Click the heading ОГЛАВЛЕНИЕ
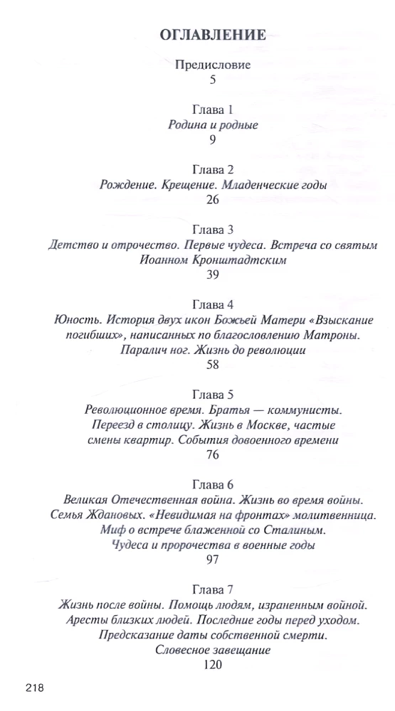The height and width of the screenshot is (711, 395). (214, 36)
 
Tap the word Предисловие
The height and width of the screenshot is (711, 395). (213, 65)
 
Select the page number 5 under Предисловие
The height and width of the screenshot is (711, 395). (213, 80)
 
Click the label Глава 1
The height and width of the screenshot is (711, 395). (213, 109)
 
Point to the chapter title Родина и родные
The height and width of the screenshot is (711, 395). (213, 124)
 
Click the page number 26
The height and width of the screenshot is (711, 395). (213, 200)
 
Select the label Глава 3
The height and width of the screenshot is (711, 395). (213, 230)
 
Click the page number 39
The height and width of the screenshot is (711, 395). (213, 275)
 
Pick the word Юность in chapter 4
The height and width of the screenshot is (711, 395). (73, 320)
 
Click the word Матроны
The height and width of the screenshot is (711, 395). (337, 335)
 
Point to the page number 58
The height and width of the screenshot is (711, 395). (213, 365)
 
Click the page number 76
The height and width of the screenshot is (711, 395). (213, 455)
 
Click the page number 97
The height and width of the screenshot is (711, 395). (213, 560)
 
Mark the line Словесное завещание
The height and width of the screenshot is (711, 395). (213, 650)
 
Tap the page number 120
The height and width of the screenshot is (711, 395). (213, 665)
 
